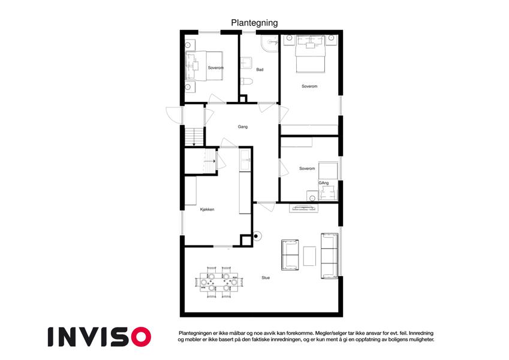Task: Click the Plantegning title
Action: [x=254, y=23]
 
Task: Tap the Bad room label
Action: [x=260, y=70]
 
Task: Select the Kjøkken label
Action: [x=207, y=209]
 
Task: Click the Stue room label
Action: [x=266, y=278]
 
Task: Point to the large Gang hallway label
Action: [x=242, y=127]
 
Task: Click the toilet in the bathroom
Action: [x=246, y=81]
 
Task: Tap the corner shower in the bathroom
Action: [x=270, y=44]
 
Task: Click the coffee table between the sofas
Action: [x=309, y=256]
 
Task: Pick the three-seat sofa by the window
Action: [x=330, y=256]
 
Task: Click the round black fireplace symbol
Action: [x=257, y=236]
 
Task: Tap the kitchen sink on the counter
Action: [x=245, y=159]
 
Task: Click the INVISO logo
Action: [x=100, y=337]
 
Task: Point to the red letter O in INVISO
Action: [x=141, y=337]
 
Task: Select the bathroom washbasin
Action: [x=246, y=63]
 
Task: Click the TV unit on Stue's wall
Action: [x=304, y=208]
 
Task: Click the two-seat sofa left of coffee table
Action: [x=290, y=255]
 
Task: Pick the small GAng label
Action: [x=324, y=183]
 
